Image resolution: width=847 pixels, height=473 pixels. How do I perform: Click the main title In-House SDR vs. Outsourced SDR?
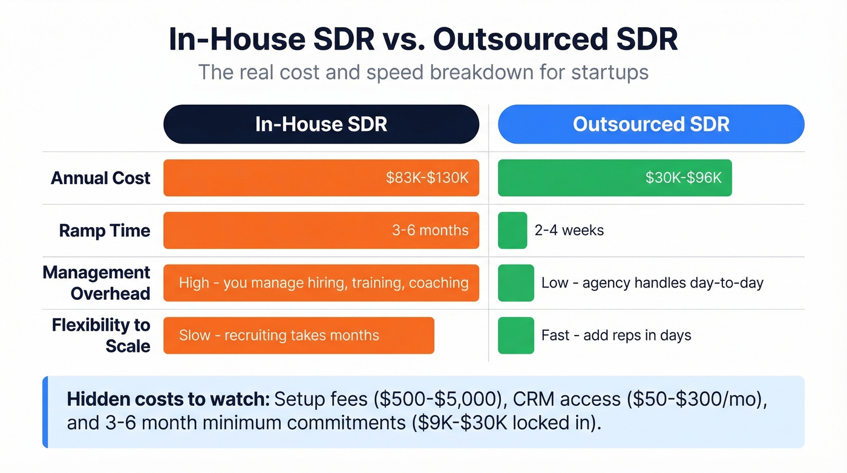[x=423, y=39]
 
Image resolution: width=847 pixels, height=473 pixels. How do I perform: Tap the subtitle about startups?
[x=423, y=73]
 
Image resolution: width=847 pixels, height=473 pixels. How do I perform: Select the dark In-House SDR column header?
[x=321, y=124]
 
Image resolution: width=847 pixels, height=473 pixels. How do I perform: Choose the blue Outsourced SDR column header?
[x=651, y=124]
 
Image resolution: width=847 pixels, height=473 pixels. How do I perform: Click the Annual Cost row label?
[x=100, y=178]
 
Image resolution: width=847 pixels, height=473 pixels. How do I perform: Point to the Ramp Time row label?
[x=105, y=231]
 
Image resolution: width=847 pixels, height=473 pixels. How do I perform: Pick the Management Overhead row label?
[x=97, y=283]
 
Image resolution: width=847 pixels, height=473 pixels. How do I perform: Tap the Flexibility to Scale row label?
[x=101, y=336]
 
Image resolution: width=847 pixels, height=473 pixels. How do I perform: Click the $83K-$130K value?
[x=427, y=178]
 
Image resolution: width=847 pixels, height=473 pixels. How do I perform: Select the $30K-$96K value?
[x=684, y=178]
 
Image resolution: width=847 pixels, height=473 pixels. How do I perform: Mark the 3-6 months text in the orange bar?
[x=430, y=231]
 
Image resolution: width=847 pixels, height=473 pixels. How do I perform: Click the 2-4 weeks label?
[x=569, y=231]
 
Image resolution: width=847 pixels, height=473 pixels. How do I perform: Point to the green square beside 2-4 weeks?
[x=512, y=231]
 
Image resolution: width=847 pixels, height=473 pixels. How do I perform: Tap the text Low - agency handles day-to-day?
[x=652, y=283]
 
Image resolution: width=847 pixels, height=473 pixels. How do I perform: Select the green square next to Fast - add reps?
[x=515, y=336]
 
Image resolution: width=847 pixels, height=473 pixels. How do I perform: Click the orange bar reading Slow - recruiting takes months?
[x=298, y=336]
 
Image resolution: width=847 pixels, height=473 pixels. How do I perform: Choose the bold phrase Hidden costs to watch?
[x=168, y=399]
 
